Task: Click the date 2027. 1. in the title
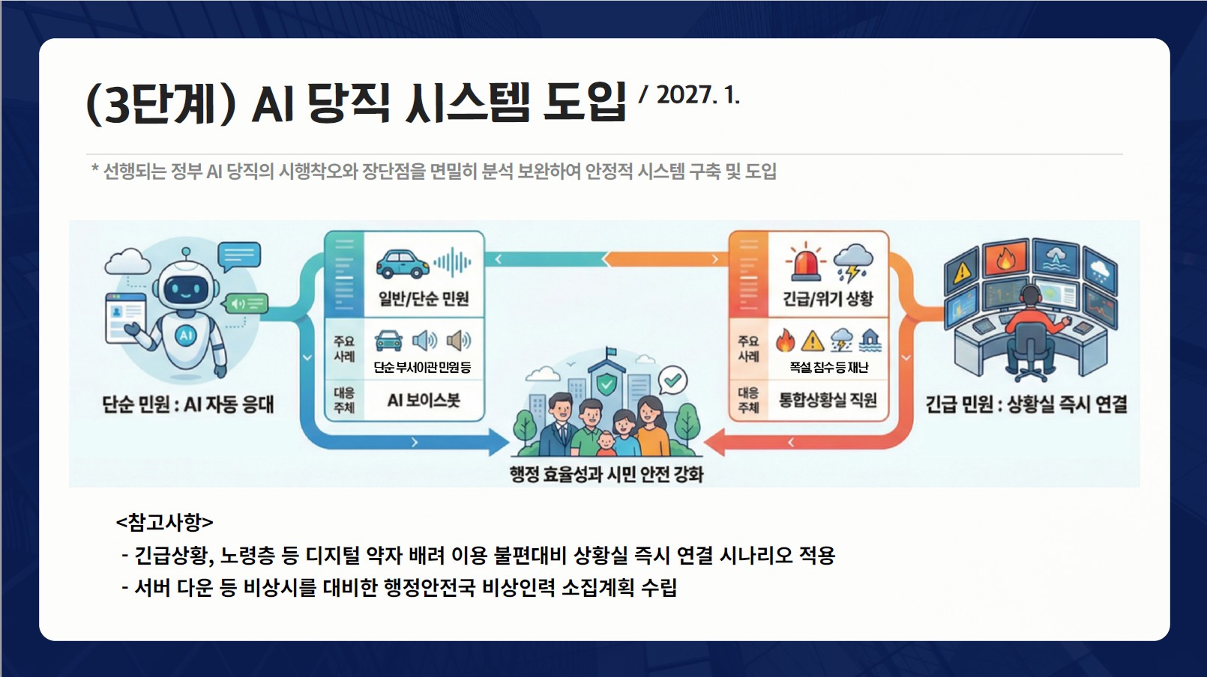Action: click(698, 95)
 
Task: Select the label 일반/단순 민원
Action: click(424, 298)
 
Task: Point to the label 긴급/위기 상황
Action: click(828, 298)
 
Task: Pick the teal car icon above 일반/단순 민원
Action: click(403, 264)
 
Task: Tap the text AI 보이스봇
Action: click(424, 400)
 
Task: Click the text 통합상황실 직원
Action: click(828, 400)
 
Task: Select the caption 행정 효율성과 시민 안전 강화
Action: click(606, 474)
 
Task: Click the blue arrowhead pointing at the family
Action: click(498, 443)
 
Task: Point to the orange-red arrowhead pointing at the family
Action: click(714, 443)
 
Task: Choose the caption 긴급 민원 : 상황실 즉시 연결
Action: click(1026, 404)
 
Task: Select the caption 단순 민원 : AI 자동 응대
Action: click(188, 404)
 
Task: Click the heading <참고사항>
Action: click(164, 522)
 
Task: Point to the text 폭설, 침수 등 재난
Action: click(828, 368)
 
